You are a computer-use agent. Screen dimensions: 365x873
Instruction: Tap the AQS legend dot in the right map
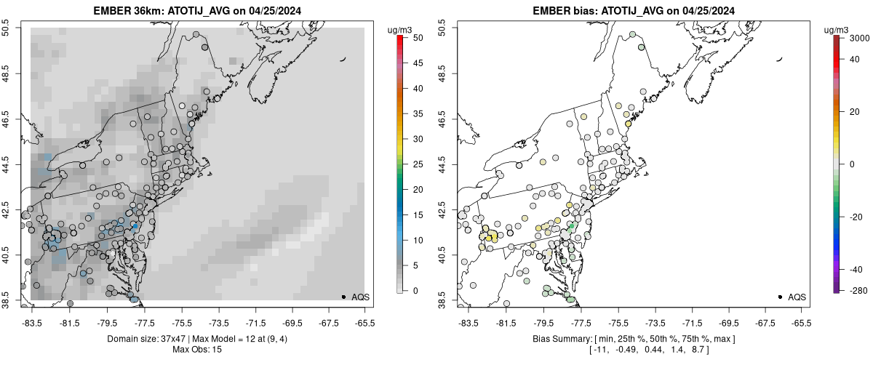780,297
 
